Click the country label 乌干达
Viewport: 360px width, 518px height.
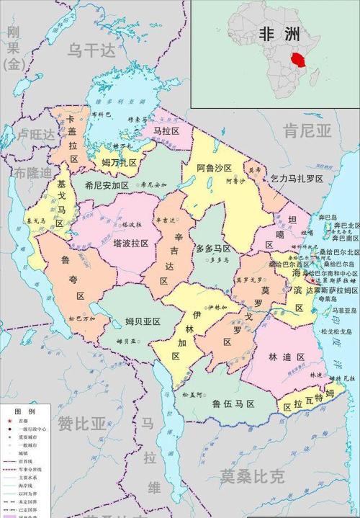point(91,50)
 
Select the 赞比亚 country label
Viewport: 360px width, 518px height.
point(81,423)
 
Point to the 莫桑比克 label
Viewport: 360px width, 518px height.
point(253,476)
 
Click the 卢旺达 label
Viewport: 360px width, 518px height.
point(36,135)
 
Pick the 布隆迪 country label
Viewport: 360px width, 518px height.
point(33,173)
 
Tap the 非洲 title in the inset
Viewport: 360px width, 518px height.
point(278,35)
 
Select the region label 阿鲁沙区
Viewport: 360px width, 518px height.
point(215,168)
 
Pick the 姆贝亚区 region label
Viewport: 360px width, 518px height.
point(143,321)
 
